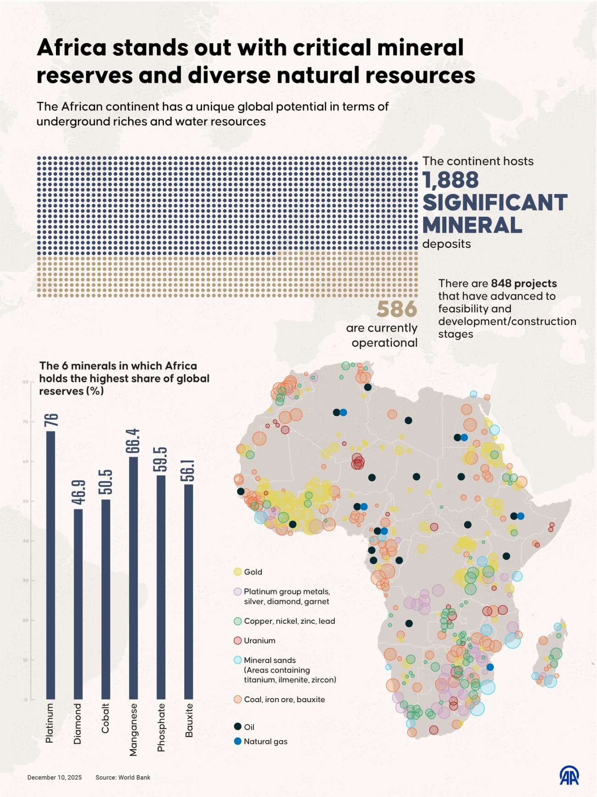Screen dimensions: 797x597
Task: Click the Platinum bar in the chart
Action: click(x=51, y=565)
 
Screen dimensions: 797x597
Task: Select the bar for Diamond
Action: click(x=78, y=604)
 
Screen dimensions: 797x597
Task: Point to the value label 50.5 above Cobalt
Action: click(x=106, y=482)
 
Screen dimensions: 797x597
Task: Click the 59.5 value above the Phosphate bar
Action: click(x=161, y=459)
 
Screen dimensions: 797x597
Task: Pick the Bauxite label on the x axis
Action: click(x=189, y=720)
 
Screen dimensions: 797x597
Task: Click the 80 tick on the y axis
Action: click(x=26, y=382)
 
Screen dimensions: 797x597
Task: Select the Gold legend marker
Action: click(x=237, y=572)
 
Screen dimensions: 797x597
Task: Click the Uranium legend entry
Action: click(x=259, y=640)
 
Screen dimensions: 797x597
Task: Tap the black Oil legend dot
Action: click(x=237, y=727)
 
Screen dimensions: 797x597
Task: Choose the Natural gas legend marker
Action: click(x=237, y=741)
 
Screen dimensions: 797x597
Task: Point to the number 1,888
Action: click(x=451, y=180)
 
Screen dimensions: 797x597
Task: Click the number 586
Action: click(x=397, y=309)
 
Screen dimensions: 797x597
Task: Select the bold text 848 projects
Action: click(x=524, y=283)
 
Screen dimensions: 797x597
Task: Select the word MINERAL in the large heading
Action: click(x=472, y=225)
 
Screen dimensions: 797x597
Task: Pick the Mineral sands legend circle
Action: click(x=237, y=660)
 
